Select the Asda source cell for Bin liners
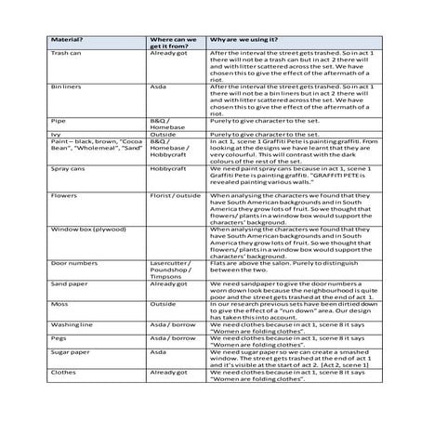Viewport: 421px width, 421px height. coord(159,86)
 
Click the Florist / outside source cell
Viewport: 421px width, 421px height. coord(176,195)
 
